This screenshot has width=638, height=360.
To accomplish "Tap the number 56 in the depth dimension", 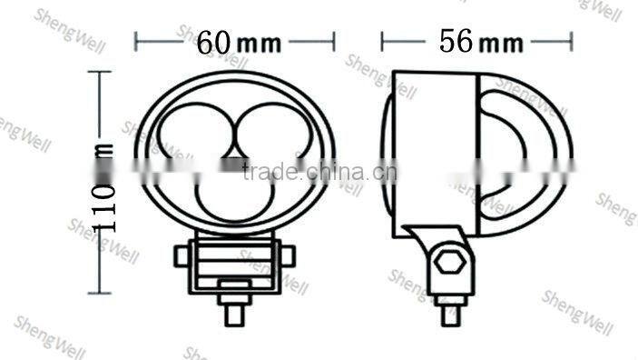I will (458, 41).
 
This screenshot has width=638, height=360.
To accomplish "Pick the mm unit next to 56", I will (502, 43).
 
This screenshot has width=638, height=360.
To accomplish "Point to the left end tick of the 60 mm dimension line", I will (136, 41).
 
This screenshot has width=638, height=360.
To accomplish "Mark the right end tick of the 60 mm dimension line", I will (335, 41).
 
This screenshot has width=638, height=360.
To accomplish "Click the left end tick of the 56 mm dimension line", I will (382, 41).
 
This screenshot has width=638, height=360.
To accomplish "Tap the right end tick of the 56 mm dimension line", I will (572, 41).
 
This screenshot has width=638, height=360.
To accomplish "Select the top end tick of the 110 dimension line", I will (102, 71).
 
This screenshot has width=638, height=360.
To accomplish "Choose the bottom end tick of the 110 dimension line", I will (102, 295).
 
